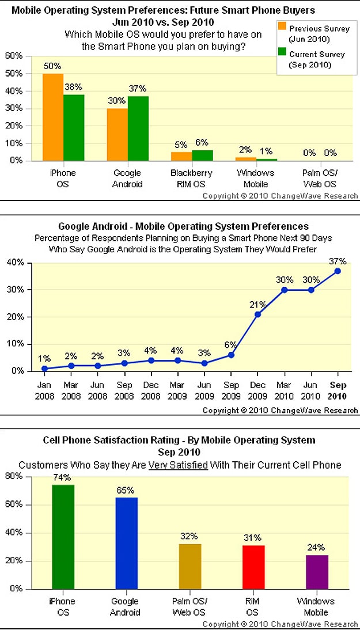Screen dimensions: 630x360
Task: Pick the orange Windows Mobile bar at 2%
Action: tap(246, 158)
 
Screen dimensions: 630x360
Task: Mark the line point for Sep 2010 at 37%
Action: tap(338, 271)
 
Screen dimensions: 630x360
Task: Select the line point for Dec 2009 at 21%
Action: tap(257, 314)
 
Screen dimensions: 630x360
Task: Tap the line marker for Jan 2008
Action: tap(45, 368)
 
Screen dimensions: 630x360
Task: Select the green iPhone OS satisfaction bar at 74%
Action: tap(63, 537)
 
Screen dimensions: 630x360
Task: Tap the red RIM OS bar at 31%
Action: tap(253, 567)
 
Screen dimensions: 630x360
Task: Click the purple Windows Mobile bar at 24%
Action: tap(316, 572)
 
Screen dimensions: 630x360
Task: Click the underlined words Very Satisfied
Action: tap(183, 465)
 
